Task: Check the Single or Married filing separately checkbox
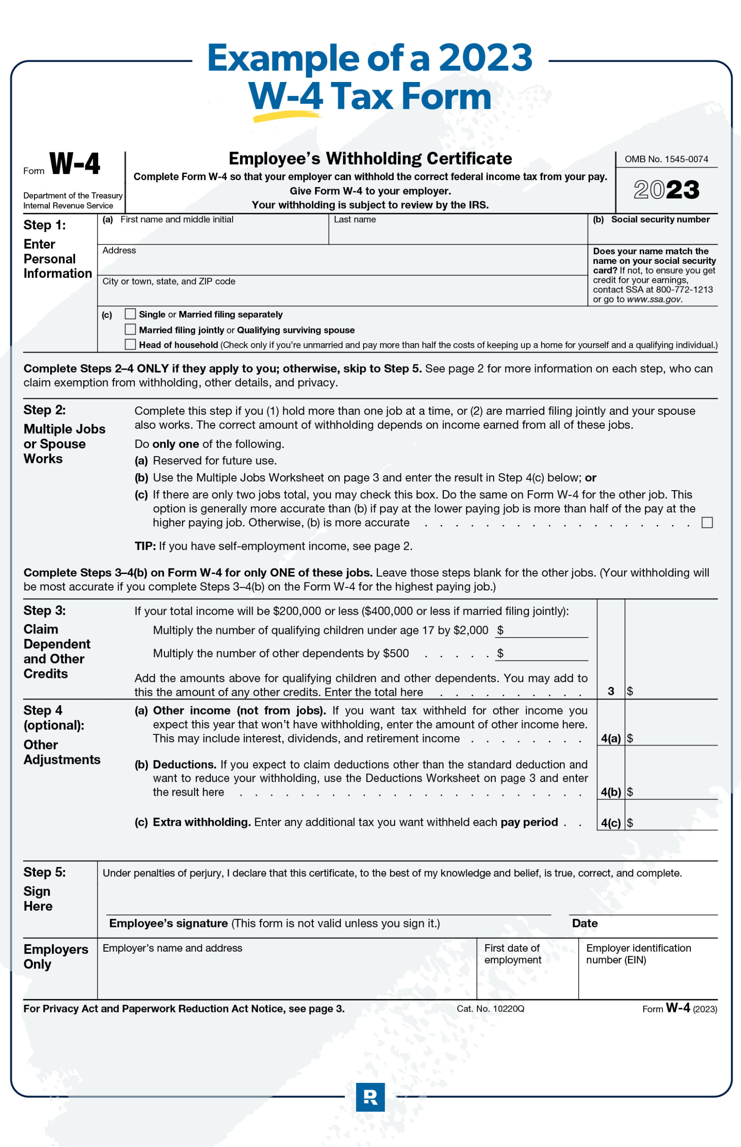pos(130,314)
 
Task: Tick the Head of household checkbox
pos(130,345)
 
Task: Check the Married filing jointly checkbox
pos(130,329)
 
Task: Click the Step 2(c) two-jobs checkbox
pos(707,522)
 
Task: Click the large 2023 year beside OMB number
pos(667,190)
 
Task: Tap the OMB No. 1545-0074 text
pos(667,159)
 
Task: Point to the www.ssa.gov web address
pos(654,299)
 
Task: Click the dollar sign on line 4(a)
pos(630,738)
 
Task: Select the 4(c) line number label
pos(611,823)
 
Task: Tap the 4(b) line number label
pos(611,792)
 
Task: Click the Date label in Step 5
pos(585,923)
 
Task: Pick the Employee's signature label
pos(169,923)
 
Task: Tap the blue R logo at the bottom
pos(370,1097)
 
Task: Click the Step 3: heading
pos(45,611)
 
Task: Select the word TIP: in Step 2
pos(145,546)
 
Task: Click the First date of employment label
pos(512,954)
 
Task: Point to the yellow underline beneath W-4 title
pos(286,116)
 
